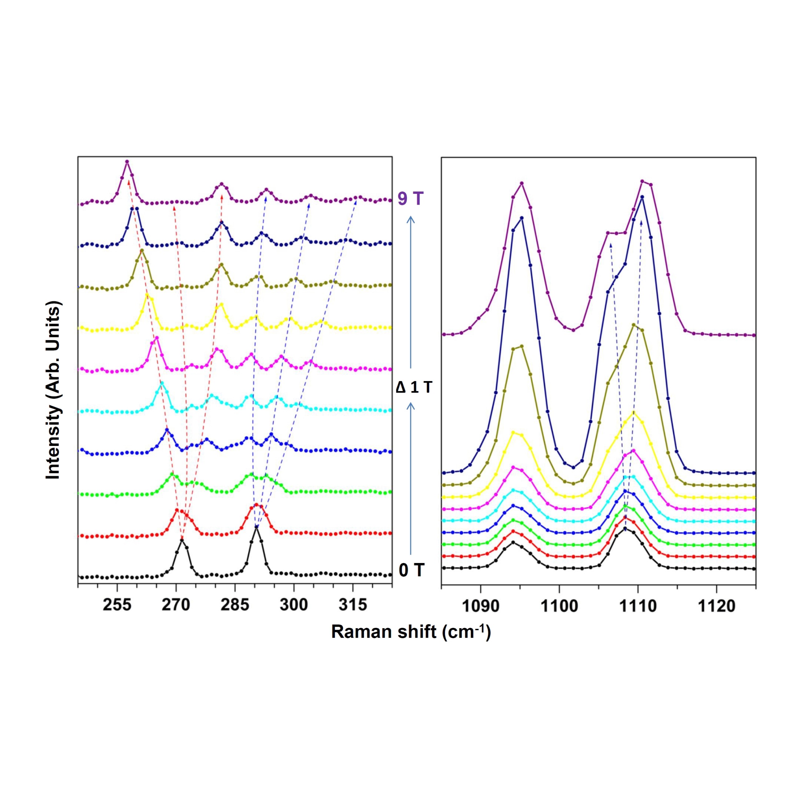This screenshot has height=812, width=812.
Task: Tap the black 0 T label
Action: (412, 570)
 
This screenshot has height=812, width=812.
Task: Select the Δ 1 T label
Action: (414, 387)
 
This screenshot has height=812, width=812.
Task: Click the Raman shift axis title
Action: (411, 632)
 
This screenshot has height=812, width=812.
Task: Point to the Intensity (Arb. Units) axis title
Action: (53, 390)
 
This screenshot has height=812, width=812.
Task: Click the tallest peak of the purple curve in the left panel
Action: (127, 161)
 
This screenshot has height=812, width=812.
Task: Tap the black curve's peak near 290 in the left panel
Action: (256, 527)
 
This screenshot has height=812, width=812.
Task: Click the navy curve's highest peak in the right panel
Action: (642, 197)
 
